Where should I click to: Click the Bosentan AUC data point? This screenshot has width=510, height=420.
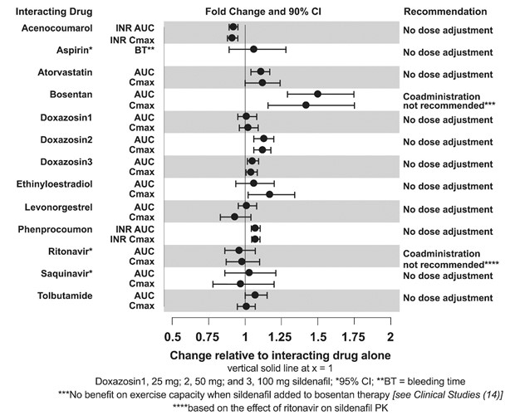pos(317,94)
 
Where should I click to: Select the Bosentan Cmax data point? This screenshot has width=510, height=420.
pos(306,105)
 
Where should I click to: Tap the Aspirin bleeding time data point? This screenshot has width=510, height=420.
pos(253,50)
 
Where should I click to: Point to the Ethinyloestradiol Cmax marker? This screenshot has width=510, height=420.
pos(269,194)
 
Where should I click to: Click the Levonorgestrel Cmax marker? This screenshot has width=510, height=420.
pos(234,217)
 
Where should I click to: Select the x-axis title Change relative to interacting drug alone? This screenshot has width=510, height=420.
pos(281,354)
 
